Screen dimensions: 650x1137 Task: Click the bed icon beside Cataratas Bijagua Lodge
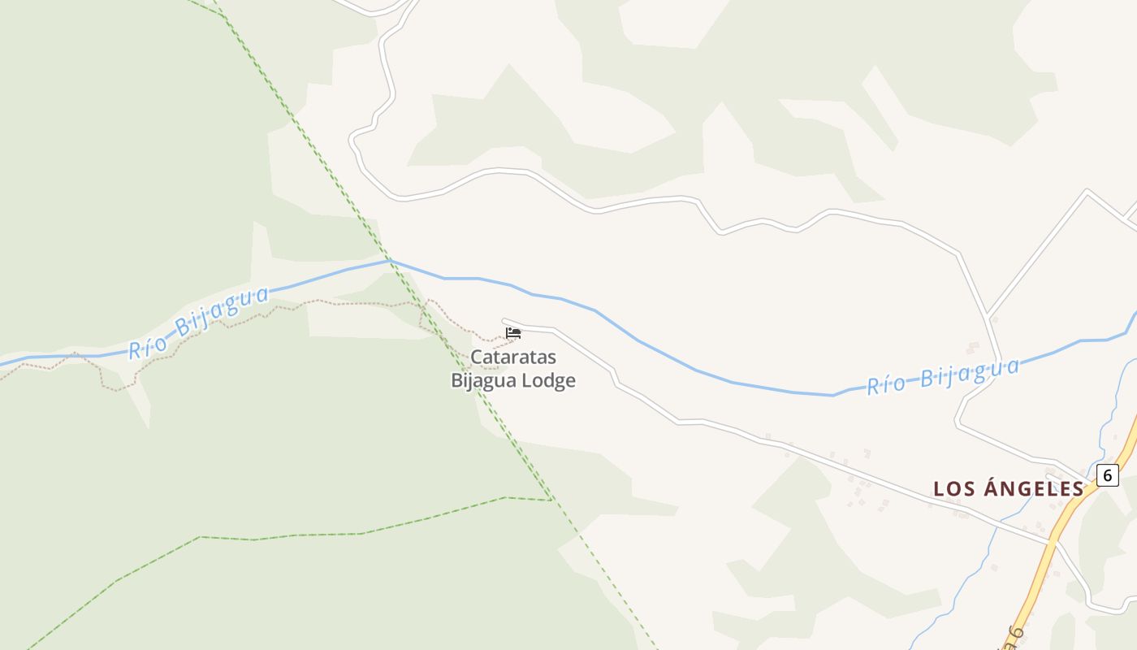[512, 332]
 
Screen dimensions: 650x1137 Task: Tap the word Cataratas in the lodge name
[513, 357]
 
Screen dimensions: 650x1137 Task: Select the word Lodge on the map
[548, 380]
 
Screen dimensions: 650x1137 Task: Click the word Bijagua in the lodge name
[485, 380]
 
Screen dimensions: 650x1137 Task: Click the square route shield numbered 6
[1107, 475]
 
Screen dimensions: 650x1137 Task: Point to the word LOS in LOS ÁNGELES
[954, 488]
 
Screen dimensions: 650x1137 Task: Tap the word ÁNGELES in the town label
[1034, 488]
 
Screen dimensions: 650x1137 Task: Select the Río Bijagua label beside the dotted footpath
[199, 322]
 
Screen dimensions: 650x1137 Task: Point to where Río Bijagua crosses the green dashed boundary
[389, 261]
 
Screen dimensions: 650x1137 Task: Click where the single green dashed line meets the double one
[551, 499]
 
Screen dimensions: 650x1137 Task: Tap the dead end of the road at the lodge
[504, 321]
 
